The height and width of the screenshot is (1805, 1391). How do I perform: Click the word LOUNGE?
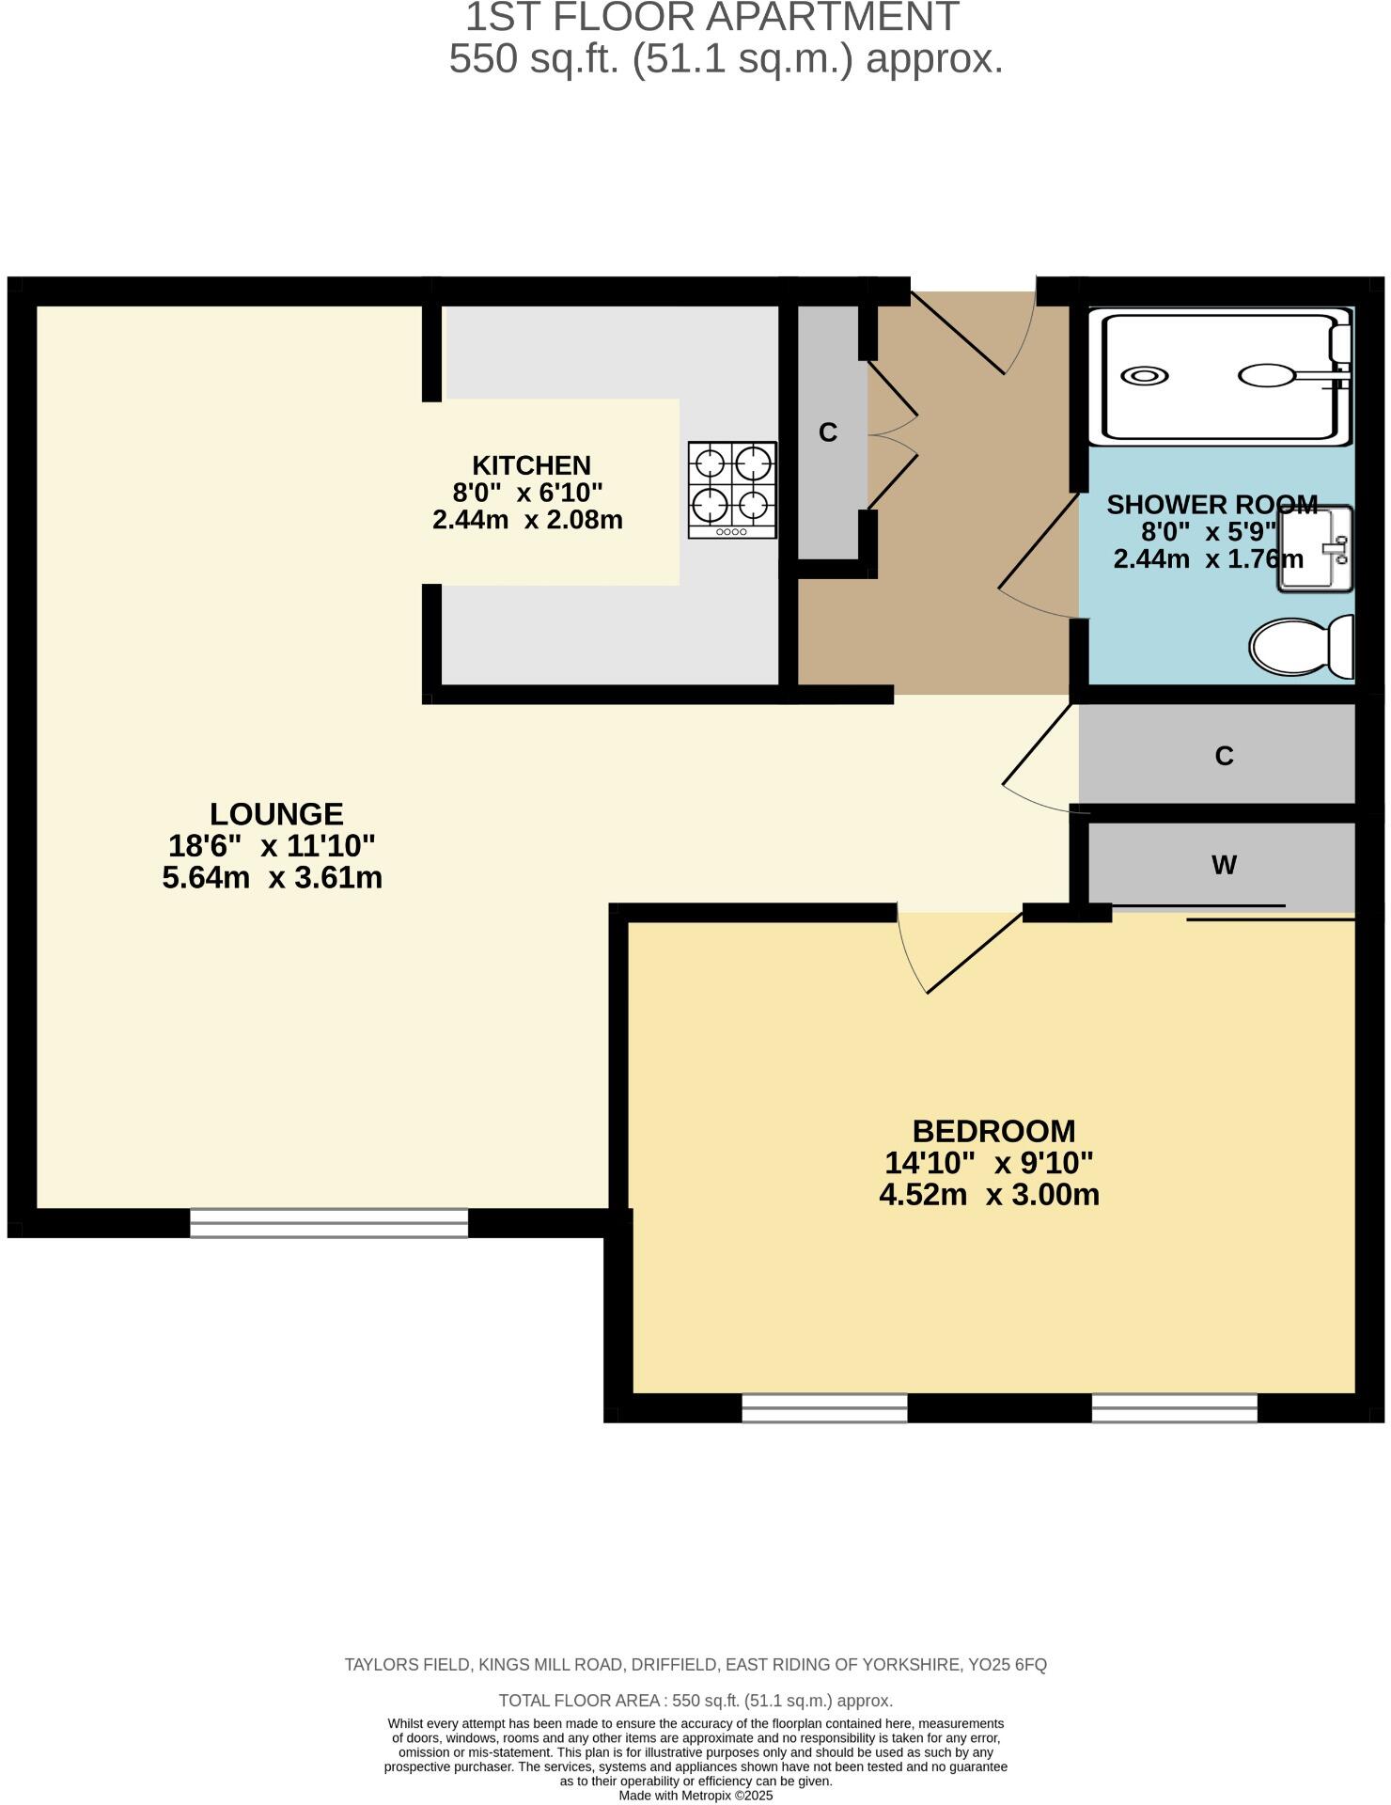(x=276, y=813)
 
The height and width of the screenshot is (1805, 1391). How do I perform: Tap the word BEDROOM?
(x=993, y=1130)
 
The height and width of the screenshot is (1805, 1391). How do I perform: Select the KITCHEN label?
(x=531, y=465)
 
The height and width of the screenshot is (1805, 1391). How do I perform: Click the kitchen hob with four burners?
(x=732, y=489)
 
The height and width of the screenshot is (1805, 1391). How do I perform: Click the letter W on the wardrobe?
(x=1224, y=865)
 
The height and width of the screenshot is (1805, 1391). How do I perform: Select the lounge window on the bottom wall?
(x=329, y=1222)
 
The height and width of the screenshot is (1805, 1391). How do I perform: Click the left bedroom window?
(x=824, y=1407)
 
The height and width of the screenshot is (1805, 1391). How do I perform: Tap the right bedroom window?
(x=1174, y=1407)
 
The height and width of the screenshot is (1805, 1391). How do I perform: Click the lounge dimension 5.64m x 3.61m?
(x=273, y=878)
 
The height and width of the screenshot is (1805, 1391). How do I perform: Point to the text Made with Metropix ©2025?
(x=695, y=1796)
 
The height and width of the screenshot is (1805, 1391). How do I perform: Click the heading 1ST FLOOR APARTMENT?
(x=711, y=17)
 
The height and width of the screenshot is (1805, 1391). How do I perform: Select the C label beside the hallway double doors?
(x=827, y=432)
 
